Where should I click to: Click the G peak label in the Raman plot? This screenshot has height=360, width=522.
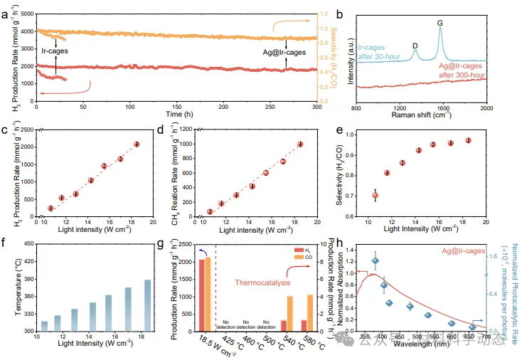coord(440,23)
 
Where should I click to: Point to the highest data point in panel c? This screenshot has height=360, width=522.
coord(137,144)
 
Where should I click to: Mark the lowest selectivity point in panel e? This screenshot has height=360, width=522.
coord(375,195)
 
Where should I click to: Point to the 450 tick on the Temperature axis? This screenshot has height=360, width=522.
coord(31,244)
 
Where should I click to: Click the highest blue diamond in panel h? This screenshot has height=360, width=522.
coord(375,261)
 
